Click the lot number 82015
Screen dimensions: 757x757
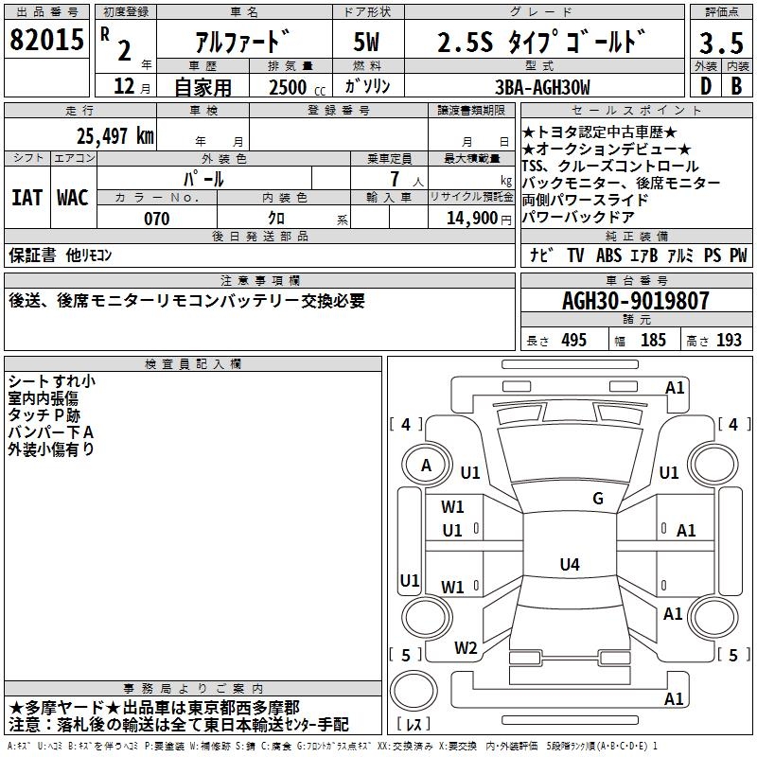46,41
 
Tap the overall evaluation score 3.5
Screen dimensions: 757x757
720,44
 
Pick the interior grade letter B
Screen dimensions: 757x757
736,85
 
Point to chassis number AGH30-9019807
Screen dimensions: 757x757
635,301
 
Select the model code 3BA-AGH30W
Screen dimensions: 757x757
542,87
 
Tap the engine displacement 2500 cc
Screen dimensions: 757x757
296,87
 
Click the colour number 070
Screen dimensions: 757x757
156,219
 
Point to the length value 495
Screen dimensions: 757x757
573,341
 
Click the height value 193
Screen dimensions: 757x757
729,341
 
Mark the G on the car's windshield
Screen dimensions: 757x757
597,499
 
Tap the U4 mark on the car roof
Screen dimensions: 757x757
569,565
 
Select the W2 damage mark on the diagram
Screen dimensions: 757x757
466,648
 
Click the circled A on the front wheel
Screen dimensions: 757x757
426,466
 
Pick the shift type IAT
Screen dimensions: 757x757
26,198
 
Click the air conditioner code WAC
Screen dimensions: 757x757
72,198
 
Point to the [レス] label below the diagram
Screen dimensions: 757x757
414,726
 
